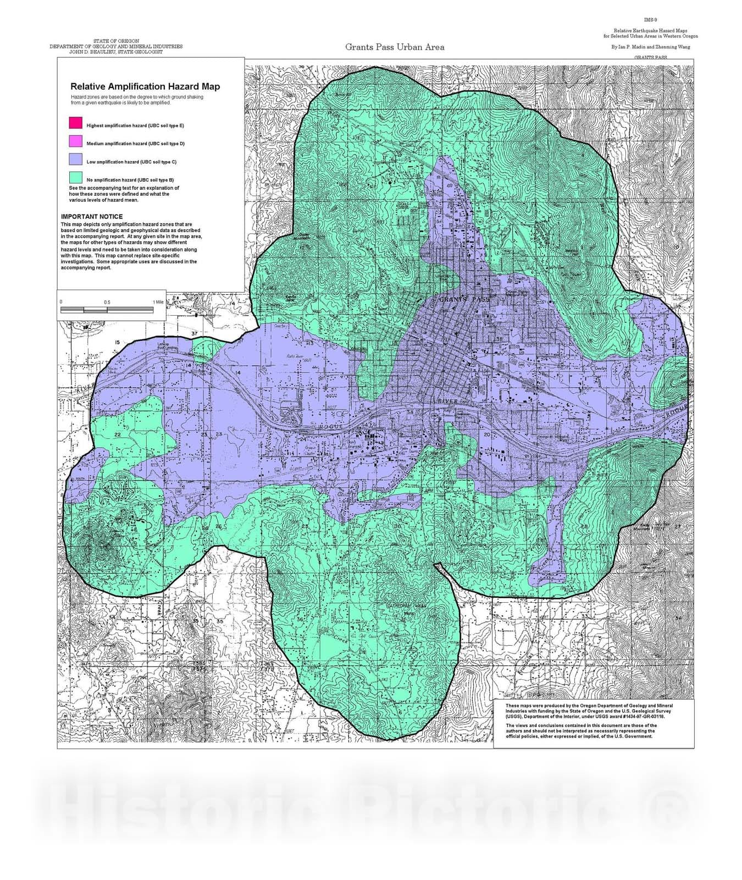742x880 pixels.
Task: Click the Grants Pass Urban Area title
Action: coord(395,47)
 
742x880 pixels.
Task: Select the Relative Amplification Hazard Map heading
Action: coord(145,86)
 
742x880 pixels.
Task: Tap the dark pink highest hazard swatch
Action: coord(76,123)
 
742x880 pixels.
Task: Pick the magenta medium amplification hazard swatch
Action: coord(76,141)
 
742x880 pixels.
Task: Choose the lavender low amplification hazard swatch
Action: coord(76,159)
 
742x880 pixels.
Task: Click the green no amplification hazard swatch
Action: coord(76,178)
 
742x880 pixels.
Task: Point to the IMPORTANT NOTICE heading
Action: coord(92,217)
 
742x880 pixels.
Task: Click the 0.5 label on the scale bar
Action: coord(107,302)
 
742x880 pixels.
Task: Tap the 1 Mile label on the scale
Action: coord(158,302)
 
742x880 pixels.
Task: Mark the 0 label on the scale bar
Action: coord(61,302)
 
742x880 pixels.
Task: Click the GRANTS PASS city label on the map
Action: coord(464,299)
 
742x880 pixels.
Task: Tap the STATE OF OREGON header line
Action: coord(116,41)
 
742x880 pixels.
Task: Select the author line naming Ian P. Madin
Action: coord(651,47)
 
